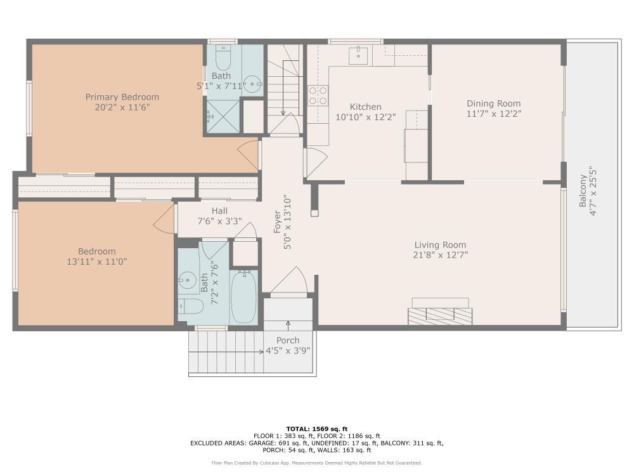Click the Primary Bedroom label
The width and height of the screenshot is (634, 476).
click(122, 97)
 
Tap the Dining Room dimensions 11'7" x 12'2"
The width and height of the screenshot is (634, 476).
click(493, 114)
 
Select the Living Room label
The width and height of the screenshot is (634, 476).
click(440, 245)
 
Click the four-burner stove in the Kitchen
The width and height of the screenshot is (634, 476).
click(318, 95)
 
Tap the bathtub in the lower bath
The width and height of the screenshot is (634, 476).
click(243, 297)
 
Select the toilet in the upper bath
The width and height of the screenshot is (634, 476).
click(222, 59)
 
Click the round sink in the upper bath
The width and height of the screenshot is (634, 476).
click(253, 83)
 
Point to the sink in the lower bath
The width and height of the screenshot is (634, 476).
click(186, 279)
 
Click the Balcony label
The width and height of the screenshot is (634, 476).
click(583, 190)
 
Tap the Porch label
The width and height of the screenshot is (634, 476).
click(287, 341)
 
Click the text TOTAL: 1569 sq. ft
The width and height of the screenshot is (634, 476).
click(317, 429)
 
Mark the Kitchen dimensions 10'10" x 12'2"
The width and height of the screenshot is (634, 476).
click(366, 117)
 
